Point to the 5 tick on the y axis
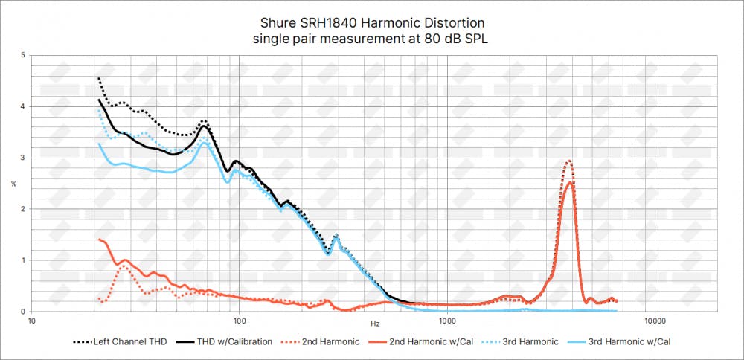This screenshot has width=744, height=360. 22,56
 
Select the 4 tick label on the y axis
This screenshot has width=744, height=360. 22,107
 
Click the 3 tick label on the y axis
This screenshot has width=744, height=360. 22,158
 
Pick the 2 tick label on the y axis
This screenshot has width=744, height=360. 22,210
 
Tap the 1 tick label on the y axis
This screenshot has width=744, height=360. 22,261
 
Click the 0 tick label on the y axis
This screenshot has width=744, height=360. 22,312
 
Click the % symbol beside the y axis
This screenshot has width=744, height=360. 13,184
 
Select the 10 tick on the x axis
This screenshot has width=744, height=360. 31,321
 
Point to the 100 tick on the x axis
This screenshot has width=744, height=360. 239,321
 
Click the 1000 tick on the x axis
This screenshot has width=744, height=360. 446,321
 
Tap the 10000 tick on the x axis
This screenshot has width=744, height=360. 654,321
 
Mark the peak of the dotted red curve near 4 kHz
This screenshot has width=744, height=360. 569,161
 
